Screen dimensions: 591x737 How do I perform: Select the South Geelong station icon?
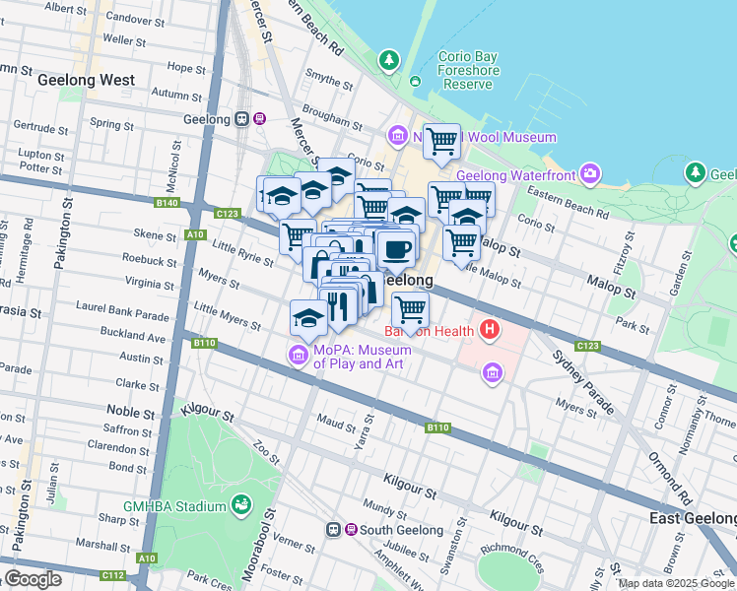click(335, 530)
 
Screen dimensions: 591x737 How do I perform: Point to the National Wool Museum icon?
click(397, 134)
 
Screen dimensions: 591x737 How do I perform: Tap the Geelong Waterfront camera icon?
click(590, 174)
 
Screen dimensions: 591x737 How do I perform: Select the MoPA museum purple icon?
click(297, 354)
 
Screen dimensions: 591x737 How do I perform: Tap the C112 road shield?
click(112, 575)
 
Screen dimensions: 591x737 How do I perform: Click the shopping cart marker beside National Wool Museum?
click(442, 142)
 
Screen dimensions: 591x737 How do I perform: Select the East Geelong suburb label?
click(692, 518)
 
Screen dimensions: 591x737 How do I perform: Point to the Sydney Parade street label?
click(583, 381)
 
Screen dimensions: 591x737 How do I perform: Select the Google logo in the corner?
click(33, 579)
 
